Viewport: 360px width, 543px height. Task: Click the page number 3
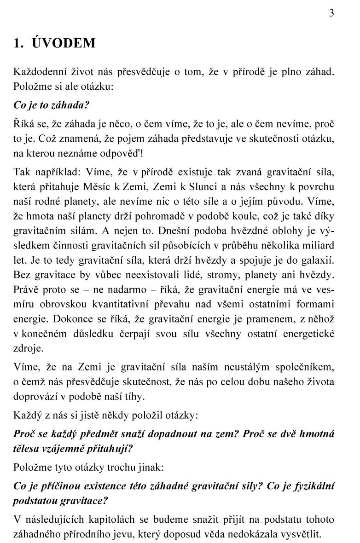(x=331, y=13)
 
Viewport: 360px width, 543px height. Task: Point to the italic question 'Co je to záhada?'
(x=51, y=104)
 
